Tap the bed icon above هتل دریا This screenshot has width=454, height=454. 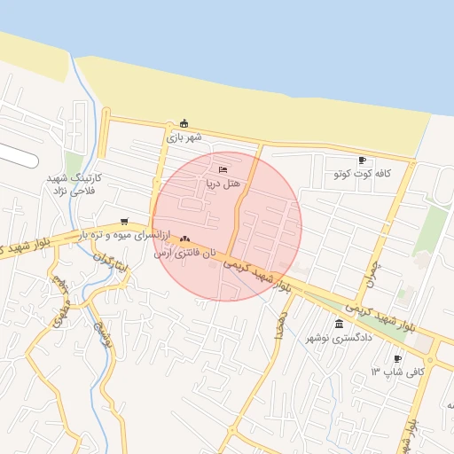coord(222,168)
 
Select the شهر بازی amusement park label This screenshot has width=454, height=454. coord(184,137)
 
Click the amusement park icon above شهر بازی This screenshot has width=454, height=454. coord(184,123)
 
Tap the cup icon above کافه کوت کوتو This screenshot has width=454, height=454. coord(362,160)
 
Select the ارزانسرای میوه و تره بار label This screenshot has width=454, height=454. coord(121,235)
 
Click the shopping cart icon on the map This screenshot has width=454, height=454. coord(123,222)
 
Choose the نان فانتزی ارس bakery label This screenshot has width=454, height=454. coord(184,254)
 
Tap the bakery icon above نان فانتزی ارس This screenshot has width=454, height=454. coord(184,239)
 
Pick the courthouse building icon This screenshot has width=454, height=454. coord(340,324)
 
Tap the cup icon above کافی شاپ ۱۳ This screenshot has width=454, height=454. coord(397,358)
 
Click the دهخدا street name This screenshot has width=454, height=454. coord(280,325)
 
